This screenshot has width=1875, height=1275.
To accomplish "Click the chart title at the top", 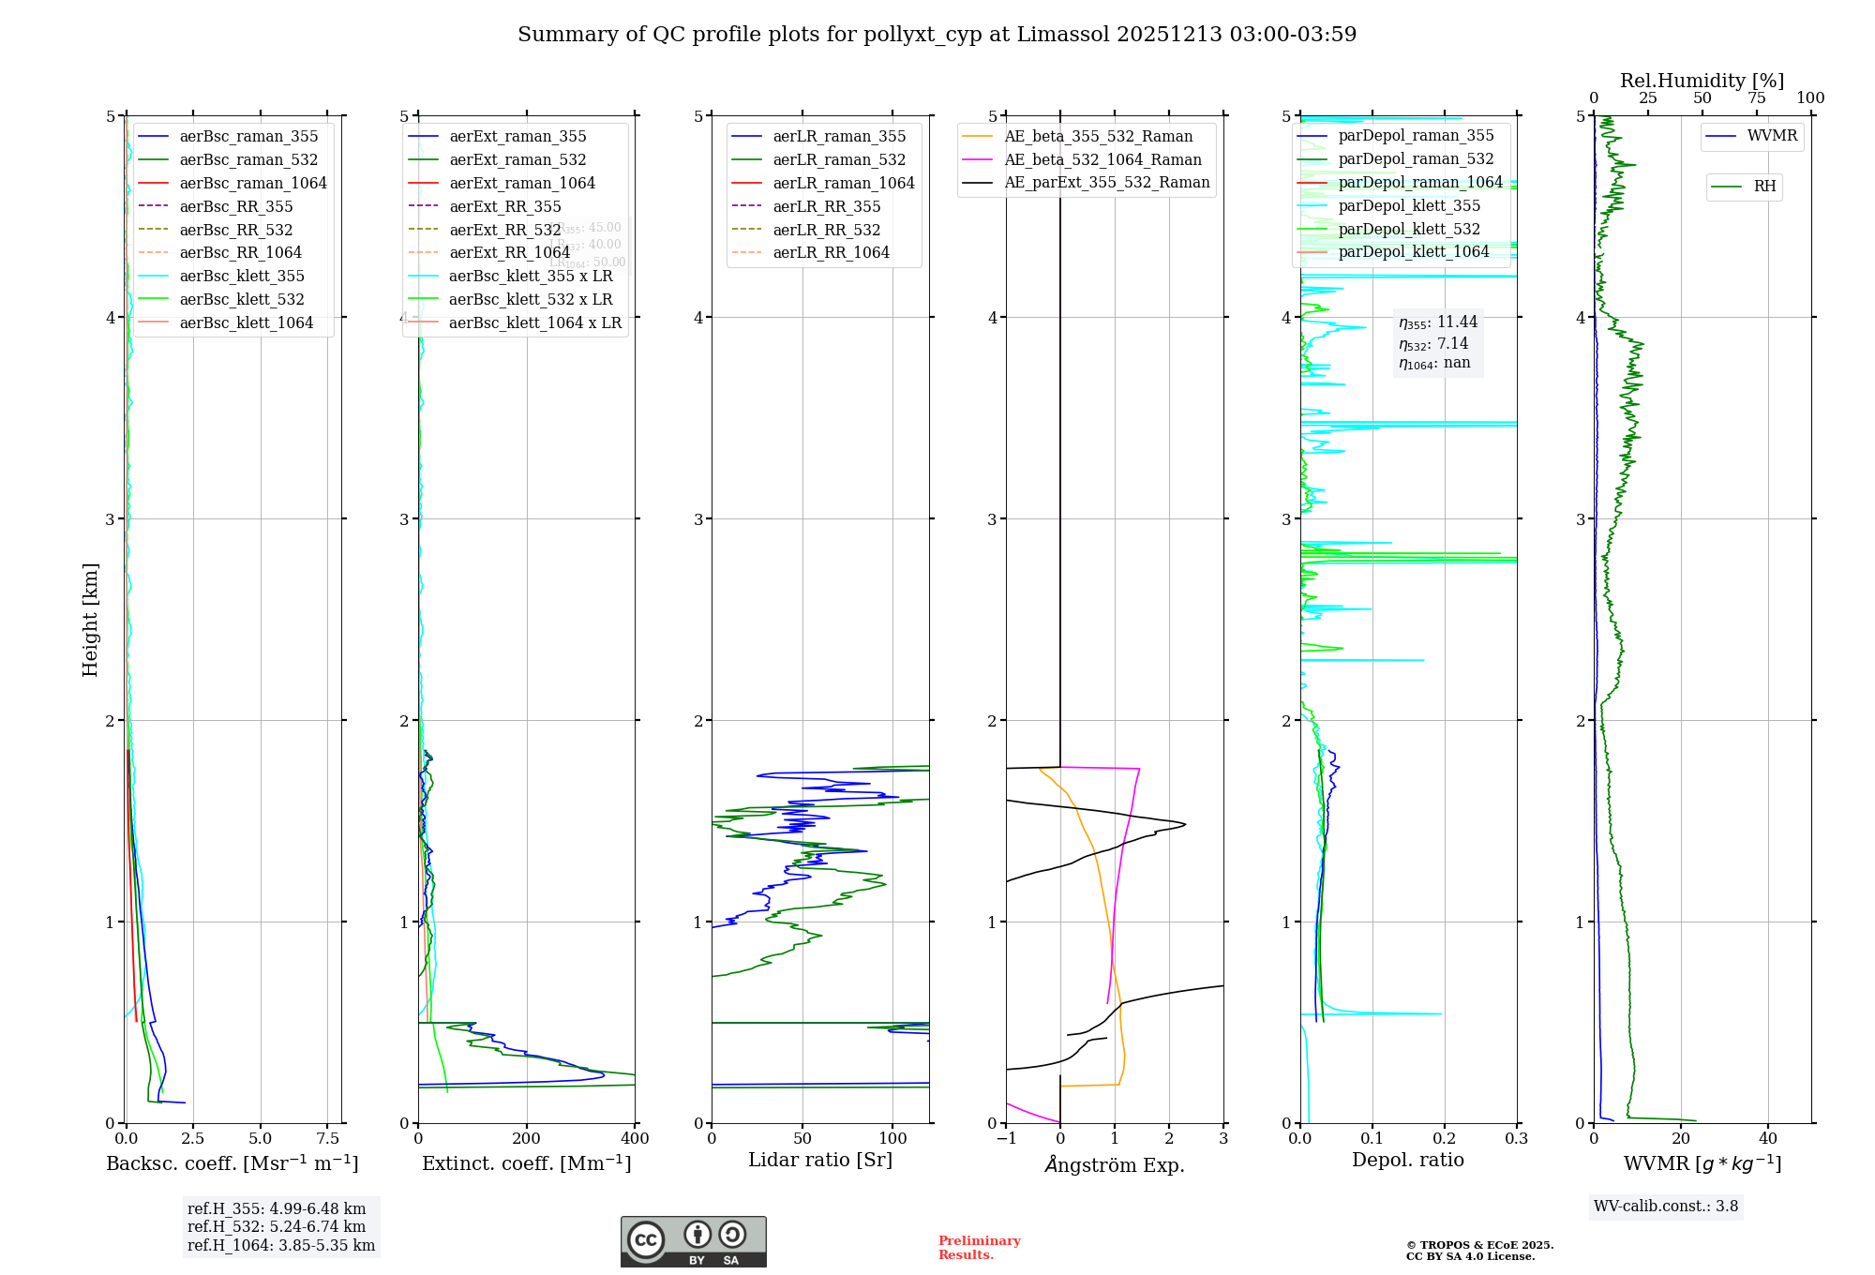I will [x=937, y=35].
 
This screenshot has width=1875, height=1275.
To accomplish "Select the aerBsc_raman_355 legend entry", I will [x=248, y=137].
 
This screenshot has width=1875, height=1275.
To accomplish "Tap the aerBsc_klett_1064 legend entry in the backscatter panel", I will [x=247, y=323].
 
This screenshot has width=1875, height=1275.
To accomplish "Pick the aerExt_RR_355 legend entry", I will [x=505, y=207].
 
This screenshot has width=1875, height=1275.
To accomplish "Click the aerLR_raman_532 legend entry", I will [x=839, y=160].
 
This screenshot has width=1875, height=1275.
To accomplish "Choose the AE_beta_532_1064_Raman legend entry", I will [x=1102, y=160].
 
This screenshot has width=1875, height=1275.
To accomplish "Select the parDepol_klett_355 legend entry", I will [x=1409, y=206].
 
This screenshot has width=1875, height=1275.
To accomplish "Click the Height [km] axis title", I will [x=90, y=620].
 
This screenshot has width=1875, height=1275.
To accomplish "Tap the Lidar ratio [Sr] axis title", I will [x=820, y=1161].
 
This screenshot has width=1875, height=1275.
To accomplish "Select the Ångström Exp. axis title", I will [x=1115, y=1165].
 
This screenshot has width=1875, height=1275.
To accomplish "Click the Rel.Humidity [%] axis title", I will [x=1702, y=81].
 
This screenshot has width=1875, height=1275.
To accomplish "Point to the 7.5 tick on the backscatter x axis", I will [x=327, y=1139].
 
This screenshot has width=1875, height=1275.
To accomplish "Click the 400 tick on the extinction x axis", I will [x=635, y=1139].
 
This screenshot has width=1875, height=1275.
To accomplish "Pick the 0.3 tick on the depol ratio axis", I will [x=1516, y=1139].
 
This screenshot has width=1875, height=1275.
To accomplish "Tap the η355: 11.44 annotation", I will [x=1438, y=322].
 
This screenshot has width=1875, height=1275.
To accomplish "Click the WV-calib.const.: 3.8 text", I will [x=1666, y=1207].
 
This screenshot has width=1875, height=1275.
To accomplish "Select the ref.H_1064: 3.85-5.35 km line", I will [x=281, y=1246].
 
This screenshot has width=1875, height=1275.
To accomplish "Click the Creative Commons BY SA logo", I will [x=693, y=1241].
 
